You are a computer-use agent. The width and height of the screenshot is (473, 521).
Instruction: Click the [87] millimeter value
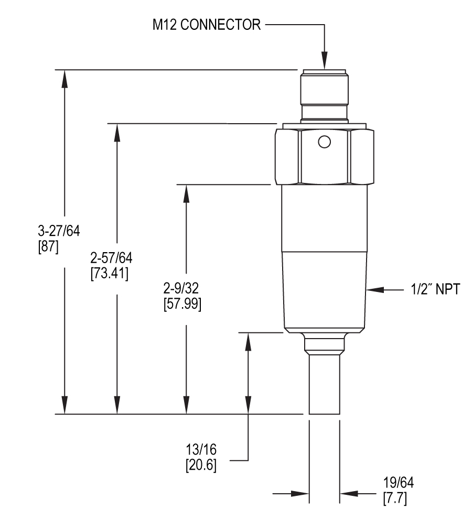tap(49, 246)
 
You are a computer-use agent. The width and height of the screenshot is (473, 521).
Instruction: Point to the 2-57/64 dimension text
tap(112, 258)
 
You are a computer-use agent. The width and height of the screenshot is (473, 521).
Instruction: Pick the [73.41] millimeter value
tap(110, 273)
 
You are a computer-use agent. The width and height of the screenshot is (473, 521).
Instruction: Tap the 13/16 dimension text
tap(201, 450)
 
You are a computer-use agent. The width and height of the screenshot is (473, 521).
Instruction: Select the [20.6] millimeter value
tap(201, 464)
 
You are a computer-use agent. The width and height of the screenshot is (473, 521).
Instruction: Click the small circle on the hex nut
tap(325, 142)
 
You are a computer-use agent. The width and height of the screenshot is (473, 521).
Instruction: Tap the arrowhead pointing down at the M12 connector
tap(325, 62)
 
